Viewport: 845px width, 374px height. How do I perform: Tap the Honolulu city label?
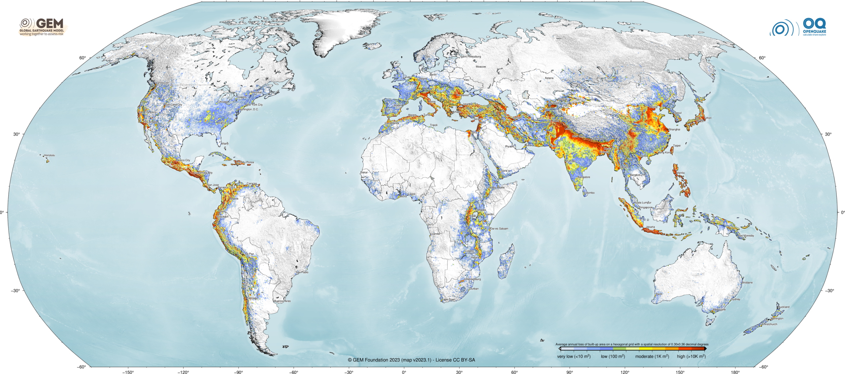[49, 155]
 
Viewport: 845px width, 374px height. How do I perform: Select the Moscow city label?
[481, 67]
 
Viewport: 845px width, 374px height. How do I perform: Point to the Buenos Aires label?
[282, 301]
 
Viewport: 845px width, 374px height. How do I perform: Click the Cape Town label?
[449, 299]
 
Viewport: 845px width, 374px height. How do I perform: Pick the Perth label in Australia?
[659, 294]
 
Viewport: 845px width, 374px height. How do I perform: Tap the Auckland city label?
[784, 307]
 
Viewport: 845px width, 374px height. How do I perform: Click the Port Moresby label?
[746, 236]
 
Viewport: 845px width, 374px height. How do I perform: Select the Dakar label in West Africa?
[364, 172]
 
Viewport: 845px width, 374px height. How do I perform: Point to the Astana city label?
[549, 78]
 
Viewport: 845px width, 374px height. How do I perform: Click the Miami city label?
[225, 144]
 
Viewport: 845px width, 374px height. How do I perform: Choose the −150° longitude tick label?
[128, 372]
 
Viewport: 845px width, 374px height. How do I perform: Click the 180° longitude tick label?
[735, 372]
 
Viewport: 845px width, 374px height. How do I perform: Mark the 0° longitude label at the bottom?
[404, 372]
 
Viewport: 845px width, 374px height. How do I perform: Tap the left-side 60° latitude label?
[83, 58]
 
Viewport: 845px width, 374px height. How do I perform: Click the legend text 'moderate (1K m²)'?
[652, 357]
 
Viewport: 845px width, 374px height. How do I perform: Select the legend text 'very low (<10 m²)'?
[574, 357]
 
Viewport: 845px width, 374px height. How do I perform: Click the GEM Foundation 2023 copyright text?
[411, 360]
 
